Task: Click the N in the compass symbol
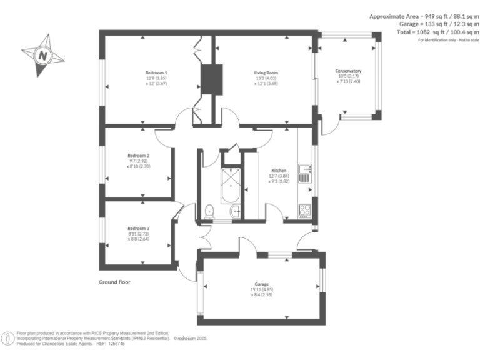42,56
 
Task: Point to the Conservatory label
348,71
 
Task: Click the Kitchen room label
279,171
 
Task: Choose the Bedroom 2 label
139,156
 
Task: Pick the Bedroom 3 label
139,228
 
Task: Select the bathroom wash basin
236,212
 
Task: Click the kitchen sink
305,168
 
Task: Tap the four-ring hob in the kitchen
305,211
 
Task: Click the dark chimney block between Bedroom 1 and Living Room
207,79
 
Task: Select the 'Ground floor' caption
114,282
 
